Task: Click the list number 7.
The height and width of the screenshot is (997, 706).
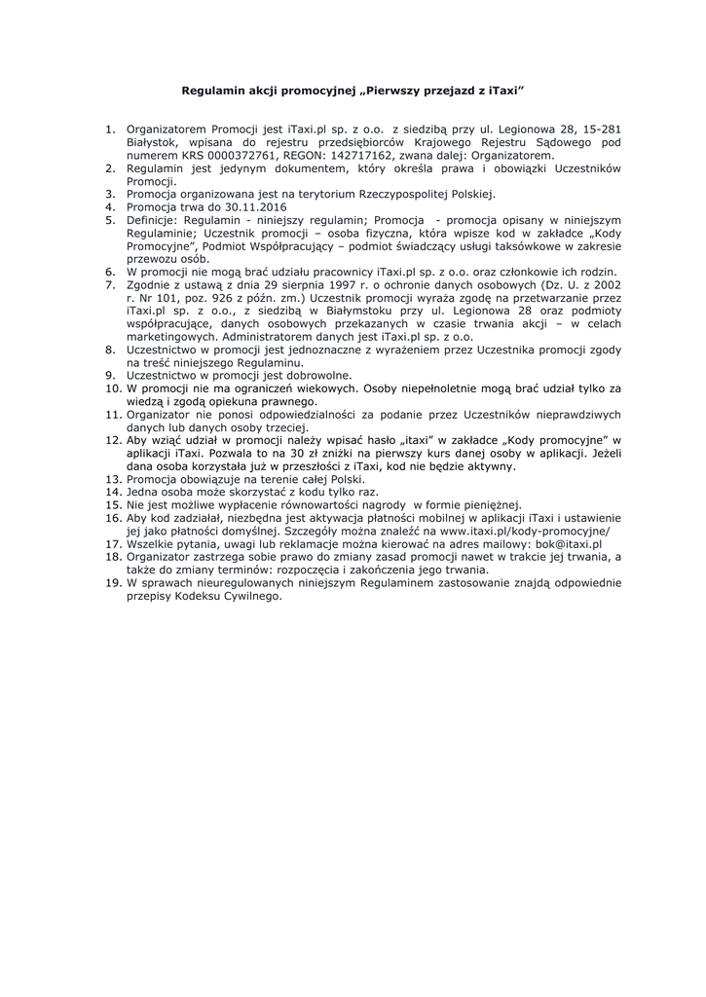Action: point(110,283)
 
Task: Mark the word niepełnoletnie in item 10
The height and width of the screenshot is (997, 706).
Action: point(427,388)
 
